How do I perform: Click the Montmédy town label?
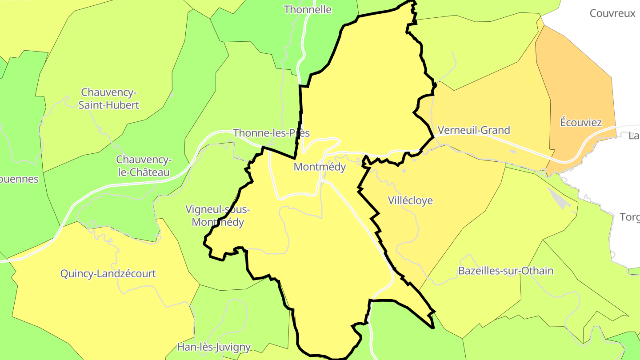(320, 167)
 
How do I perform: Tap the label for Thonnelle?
(308, 9)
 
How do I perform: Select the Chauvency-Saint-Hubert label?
(109, 99)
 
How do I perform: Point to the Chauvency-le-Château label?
(144, 166)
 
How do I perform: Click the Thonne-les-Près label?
(271, 133)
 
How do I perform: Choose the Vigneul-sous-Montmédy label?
(218, 216)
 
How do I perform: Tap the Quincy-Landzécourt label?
(108, 273)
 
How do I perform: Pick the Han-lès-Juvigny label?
(214, 347)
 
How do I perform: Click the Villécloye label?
(410, 200)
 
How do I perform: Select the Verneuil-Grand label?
(474, 130)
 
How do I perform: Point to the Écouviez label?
(581, 123)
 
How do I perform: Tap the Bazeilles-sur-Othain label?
(506, 271)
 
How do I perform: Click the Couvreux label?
(612, 13)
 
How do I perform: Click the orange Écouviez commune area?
(578, 80)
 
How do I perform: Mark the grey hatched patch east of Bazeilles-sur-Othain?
(558, 198)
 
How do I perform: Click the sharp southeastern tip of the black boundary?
(433, 328)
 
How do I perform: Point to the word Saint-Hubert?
(109, 105)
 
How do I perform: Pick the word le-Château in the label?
(144, 172)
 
